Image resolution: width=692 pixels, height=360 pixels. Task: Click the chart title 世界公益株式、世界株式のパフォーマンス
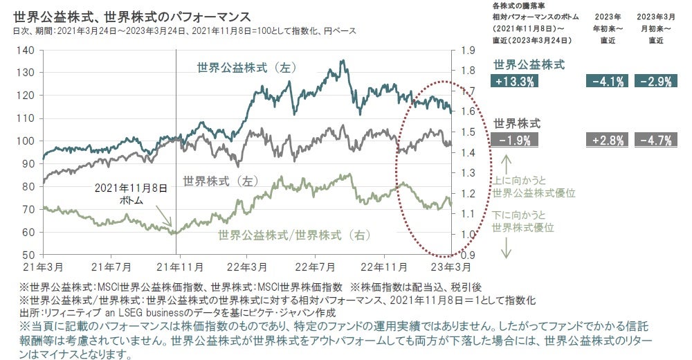pyautogui.click(x=131, y=15)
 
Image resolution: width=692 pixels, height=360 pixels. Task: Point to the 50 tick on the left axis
pyautogui.click(x=28, y=255)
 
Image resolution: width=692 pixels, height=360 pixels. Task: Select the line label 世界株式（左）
pyautogui.click(x=220, y=181)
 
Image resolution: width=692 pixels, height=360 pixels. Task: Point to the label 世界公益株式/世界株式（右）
pyautogui.click(x=293, y=235)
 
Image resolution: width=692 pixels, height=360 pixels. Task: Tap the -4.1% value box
pyautogui.click(x=606, y=81)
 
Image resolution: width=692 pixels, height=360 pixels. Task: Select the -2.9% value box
pyautogui.click(x=654, y=81)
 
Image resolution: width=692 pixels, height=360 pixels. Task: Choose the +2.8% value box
pyautogui.click(x=606, y=141)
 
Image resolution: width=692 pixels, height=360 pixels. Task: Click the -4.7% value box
pyautogui.click(x=654, y=141)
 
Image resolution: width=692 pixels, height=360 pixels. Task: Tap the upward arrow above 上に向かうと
pyautogui.click(x=505, y=165)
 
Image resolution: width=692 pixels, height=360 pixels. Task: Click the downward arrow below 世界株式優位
pyautogui.click(x=505, y=248)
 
